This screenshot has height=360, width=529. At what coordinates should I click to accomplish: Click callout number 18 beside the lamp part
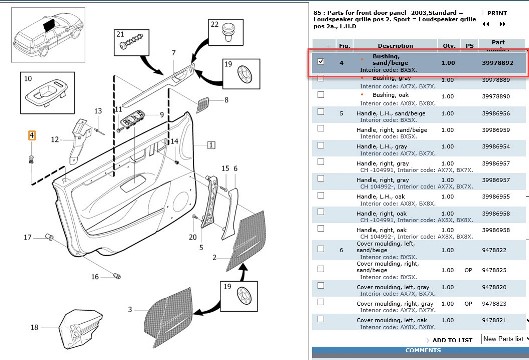coord(34,326)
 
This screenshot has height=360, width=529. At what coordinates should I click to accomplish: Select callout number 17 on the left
coord(28,237)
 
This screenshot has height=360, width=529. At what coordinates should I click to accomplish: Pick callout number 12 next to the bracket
coord(56,140)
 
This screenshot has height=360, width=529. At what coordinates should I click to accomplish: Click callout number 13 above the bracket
coord(98,111)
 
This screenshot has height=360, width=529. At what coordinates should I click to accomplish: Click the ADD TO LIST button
coord(448,339)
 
